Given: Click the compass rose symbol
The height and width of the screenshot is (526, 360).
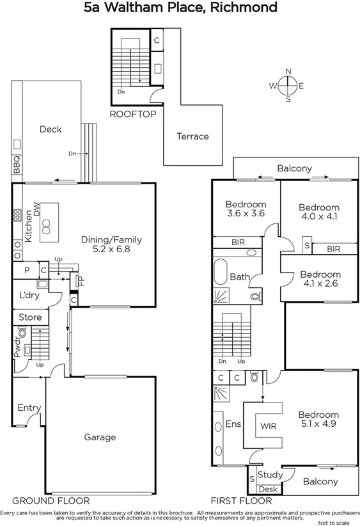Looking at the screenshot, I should pos(288,85).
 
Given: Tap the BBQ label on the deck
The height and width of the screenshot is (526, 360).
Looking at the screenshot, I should pos(17,166).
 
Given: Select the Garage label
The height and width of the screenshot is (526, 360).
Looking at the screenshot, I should pos(100,437).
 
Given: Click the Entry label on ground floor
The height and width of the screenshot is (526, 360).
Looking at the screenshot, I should pos(29,408).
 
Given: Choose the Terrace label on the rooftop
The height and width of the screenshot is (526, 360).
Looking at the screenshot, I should pos(192,136).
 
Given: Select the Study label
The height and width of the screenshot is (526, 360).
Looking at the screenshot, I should pos(269,475).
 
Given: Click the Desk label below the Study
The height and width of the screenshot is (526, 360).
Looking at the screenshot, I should pos(268,489).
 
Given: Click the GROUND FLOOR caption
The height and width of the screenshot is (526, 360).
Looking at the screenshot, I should pos(51,500).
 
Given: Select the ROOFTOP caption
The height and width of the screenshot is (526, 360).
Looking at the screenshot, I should pos(133,115).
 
